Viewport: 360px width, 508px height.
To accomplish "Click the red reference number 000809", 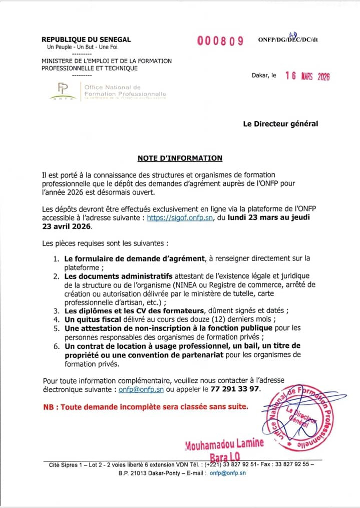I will (220, 41).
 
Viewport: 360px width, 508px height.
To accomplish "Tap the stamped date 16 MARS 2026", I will (307, 76).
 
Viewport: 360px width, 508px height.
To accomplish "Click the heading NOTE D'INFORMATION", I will (180, 158).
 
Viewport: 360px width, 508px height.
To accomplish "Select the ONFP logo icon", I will (63, 91).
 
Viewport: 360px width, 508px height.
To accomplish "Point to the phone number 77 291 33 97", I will (236, 389).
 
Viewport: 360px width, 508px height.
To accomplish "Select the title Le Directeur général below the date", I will (280, 123).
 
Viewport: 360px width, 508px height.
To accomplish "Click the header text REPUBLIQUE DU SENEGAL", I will (86, 39).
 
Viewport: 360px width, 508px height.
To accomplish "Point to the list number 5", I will (57, 328).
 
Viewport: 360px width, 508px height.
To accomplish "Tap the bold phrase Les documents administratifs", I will (118, 276).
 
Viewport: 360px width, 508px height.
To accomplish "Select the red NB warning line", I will (146, 406).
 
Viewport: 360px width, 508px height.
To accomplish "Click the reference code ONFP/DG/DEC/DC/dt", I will (288, 40).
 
